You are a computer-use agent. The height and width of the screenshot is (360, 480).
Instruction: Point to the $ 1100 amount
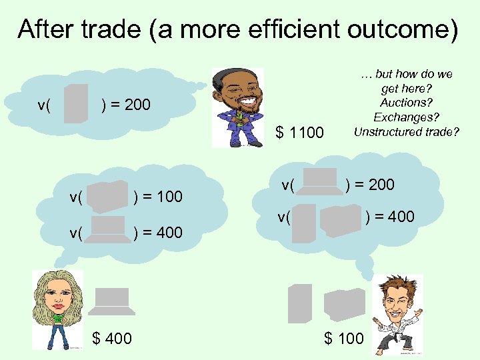point(300,133)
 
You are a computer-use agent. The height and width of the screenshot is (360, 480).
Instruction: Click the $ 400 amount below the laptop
point(112,339)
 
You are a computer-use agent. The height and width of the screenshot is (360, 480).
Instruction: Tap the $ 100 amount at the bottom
point(344,339)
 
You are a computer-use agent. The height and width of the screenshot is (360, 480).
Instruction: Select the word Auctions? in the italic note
point(406,103)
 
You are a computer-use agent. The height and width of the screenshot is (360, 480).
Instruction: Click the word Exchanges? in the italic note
point(406,117)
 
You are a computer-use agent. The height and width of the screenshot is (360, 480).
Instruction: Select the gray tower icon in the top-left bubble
point(76,103)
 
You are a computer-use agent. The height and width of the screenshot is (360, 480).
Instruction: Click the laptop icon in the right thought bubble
point(319,181)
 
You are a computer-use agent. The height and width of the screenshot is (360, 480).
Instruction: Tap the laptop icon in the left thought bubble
point(108,229)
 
